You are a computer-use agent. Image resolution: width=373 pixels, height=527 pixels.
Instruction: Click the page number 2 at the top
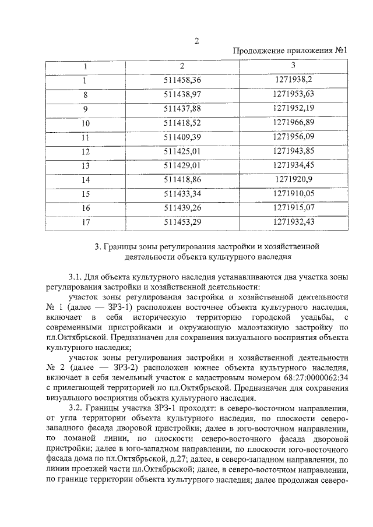click(196, 40)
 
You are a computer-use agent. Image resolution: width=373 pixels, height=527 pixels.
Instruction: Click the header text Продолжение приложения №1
click(290, 51)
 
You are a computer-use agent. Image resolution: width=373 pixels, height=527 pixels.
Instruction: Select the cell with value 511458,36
click(182, 80)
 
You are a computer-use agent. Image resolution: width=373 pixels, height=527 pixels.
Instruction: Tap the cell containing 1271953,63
click(293, 94)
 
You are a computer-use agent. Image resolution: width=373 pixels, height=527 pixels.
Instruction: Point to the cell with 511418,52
click(182, 122)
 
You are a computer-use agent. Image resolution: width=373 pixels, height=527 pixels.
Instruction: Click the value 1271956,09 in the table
click(293, 137)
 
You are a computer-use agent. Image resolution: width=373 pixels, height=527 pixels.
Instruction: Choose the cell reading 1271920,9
click(293, 179)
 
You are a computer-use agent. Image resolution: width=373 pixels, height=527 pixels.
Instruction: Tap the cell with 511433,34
click(182, 193)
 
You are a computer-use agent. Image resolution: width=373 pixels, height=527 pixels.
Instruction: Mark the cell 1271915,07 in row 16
click(293, 207)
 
